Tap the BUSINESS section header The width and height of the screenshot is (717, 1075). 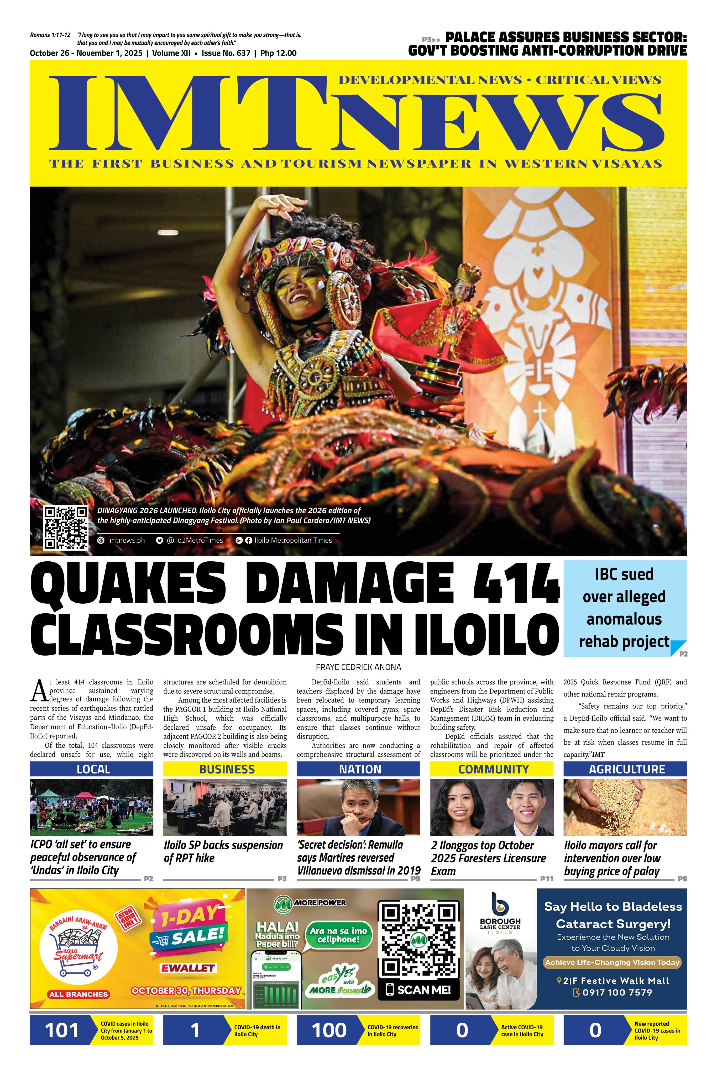tap(227, 769)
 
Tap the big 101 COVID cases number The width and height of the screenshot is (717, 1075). tap(62, 1031)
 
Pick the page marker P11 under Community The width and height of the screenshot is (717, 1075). tap(546, 878)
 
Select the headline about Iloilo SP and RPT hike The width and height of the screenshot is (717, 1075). tap(223, 851)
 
